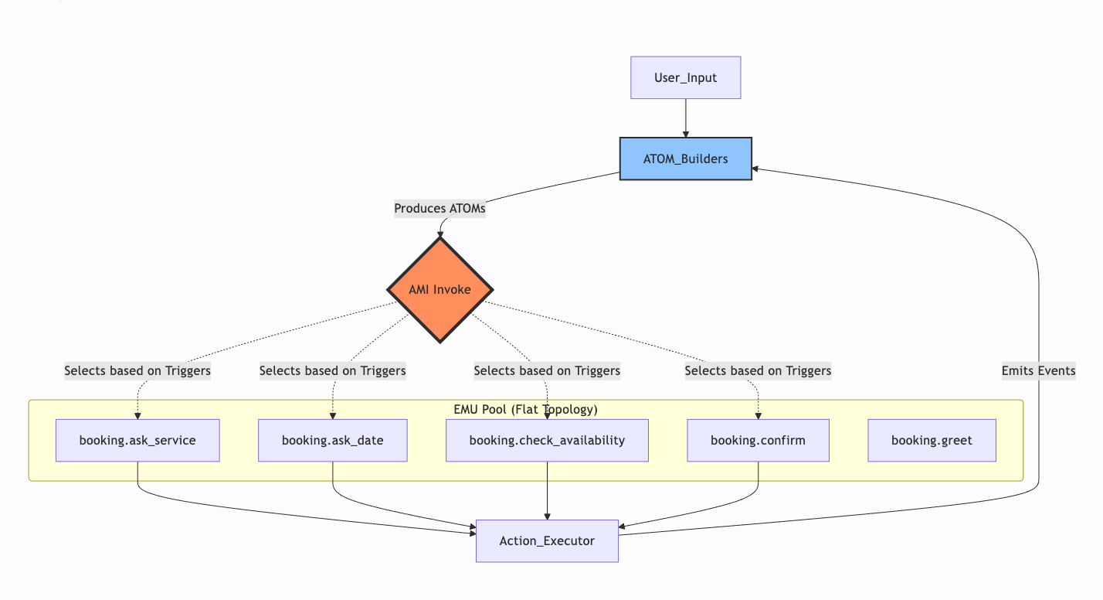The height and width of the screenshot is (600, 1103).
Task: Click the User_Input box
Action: coord(685,77)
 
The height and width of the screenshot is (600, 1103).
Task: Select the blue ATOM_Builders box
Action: coord(685,159)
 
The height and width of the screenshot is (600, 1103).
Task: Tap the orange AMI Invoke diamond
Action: coord(440,290)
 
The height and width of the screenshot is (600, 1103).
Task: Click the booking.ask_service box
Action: coord(137,441)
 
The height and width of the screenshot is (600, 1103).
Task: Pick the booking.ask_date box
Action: coord(332,441)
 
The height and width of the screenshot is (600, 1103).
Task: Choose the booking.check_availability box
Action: coord(547,441)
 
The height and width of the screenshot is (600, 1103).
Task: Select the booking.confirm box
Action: coord(758,441)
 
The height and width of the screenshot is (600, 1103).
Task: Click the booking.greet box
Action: coord(932,441)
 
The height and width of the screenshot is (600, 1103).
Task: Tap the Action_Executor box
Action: coord(547,540)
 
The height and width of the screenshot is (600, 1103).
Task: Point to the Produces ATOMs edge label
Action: coord(440,209)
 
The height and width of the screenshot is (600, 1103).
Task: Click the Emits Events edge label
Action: coord(1038,371)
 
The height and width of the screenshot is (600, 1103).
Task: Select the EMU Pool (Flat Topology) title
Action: coord(525,409)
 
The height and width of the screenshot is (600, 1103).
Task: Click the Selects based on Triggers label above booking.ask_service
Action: coord(137,371)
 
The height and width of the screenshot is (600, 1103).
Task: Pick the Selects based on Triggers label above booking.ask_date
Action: coord(332,371)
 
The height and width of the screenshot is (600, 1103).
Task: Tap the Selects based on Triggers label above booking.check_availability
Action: coord(547,371)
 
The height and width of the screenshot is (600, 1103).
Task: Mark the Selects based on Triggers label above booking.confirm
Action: coord(758,371)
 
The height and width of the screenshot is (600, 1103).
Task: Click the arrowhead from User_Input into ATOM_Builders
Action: coord(685,135)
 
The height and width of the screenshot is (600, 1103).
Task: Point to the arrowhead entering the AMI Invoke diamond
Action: coord(440,233)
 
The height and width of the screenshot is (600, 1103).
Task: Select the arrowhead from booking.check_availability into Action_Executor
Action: coord(547,516)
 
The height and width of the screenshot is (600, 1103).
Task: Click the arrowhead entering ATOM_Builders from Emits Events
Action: coord(756,168)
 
